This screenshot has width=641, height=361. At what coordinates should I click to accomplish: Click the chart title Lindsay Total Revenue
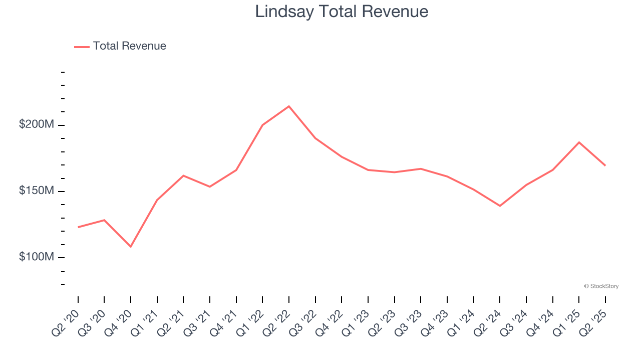pos(342,12)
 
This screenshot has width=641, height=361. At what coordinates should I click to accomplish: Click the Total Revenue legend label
pos(129,46)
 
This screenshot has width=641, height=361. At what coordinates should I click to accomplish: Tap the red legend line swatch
pos(82,47)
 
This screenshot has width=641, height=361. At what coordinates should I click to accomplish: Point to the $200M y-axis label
pos(36,124)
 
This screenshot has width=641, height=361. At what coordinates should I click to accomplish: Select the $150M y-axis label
pos(36,191)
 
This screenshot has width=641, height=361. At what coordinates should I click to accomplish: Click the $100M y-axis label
pos(36,257)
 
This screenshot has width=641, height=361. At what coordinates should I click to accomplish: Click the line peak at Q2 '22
pos(289,106)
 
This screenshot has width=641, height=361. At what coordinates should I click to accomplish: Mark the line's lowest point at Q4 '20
pos(131,247)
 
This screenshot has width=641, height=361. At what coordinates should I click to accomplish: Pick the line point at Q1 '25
pos(579,142)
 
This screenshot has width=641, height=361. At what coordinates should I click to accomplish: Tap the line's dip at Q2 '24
pos(500,206)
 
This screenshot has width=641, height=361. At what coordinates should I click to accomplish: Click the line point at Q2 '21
pos(183,175)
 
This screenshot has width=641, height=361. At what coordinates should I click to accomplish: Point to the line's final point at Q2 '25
pos(605,165)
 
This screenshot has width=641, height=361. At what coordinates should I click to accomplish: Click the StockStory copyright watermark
pos(601,286)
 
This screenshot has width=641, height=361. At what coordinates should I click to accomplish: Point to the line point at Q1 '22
pos(262,125)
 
